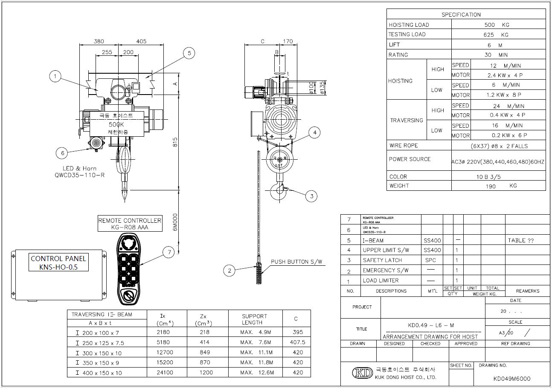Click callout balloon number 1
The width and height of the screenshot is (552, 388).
coord(55,77)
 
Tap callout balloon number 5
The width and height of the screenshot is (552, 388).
coord(189,53)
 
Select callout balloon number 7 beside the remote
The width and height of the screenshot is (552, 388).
coord(169,253)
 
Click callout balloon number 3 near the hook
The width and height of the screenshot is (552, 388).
coord(311,196)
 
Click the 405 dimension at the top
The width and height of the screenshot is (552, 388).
coord(141,41)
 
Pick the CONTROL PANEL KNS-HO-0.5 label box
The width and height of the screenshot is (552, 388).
coord(58,263)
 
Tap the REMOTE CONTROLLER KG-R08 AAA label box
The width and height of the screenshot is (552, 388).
coord(130,224)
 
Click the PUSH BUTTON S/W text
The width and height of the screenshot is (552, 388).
coord(296,262)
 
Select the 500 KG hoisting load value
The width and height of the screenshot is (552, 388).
coord(498,25)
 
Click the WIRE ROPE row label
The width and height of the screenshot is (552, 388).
coord(403,146)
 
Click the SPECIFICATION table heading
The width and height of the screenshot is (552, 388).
coord(461,14)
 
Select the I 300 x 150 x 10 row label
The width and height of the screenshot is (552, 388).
coord(99,353)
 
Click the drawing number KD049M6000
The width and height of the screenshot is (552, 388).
coord(511,378)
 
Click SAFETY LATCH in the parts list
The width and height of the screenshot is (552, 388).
coord(382,260)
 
